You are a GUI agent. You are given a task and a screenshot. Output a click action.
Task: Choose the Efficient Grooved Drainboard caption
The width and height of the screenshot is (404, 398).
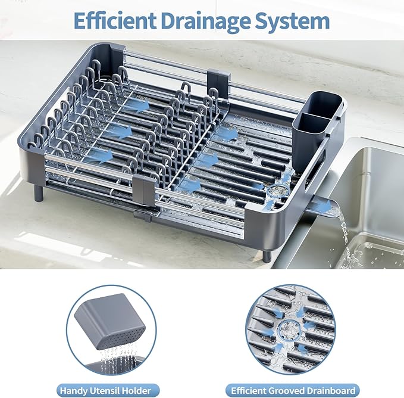point(292,391)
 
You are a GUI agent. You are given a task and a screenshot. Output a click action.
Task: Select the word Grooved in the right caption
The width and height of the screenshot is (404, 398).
point(289,391)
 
